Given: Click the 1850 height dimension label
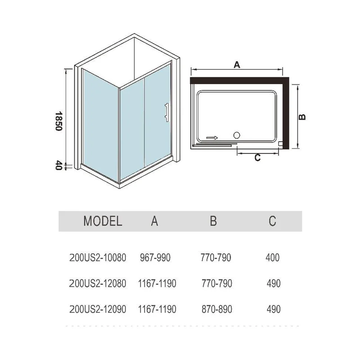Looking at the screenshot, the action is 59,121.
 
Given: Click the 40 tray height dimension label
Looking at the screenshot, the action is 59,165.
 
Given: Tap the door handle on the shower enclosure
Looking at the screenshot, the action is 167,112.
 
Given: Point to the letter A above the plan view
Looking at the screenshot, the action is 237,65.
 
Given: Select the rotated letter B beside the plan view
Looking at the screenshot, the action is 302,117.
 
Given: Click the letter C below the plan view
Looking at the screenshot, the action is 257,158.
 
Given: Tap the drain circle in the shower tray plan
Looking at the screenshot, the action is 237,135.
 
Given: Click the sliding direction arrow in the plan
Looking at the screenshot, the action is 212,138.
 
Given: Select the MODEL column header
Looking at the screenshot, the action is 103,221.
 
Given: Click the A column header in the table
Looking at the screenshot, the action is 154,221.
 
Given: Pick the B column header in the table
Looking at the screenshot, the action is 213,221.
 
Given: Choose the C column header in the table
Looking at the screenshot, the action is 273,221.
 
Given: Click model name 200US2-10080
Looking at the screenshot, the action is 98,257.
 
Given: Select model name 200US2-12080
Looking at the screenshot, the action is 98,283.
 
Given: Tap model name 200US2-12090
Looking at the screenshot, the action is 98,309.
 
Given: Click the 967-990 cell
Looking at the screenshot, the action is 155,257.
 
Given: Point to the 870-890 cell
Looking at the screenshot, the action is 217,309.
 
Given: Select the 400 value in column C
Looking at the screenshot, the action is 273,257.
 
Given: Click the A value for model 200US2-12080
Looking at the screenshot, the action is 157,283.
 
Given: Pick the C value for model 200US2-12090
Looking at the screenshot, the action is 274,309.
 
